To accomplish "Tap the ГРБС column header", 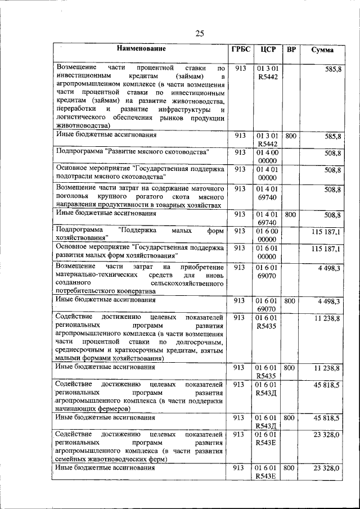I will tap(240, 49).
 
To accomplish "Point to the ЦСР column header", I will tap(267, 49).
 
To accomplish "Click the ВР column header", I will tap(291, 49).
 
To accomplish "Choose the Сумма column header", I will tap(322, 50).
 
